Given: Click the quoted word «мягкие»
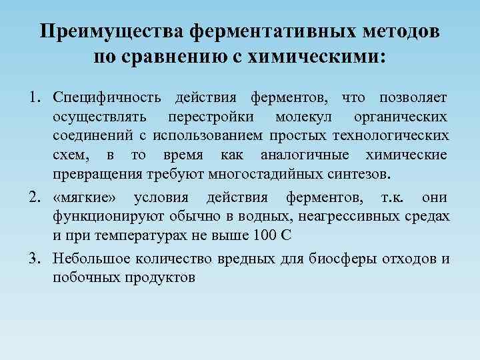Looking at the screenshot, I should click(85, 198).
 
